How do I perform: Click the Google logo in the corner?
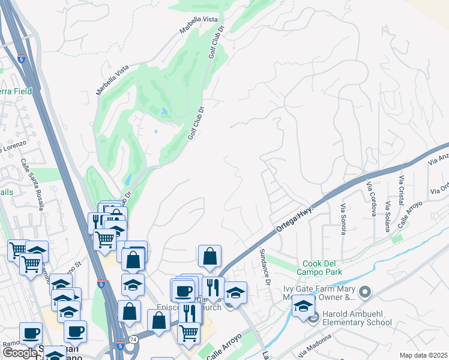20,353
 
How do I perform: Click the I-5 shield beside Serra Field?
22,59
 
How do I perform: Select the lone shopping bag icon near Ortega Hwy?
209,256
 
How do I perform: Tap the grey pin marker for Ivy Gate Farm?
364,292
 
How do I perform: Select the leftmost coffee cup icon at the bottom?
31,333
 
